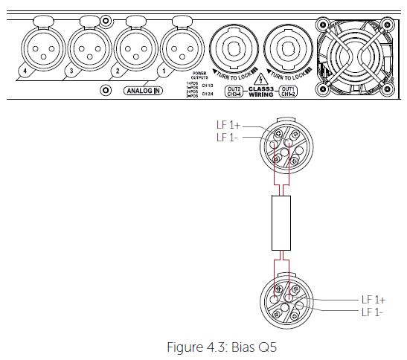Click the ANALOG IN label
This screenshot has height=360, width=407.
pos(142,91)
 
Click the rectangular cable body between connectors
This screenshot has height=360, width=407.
pos(280,224)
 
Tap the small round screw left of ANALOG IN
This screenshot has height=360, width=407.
pos(106,91)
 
